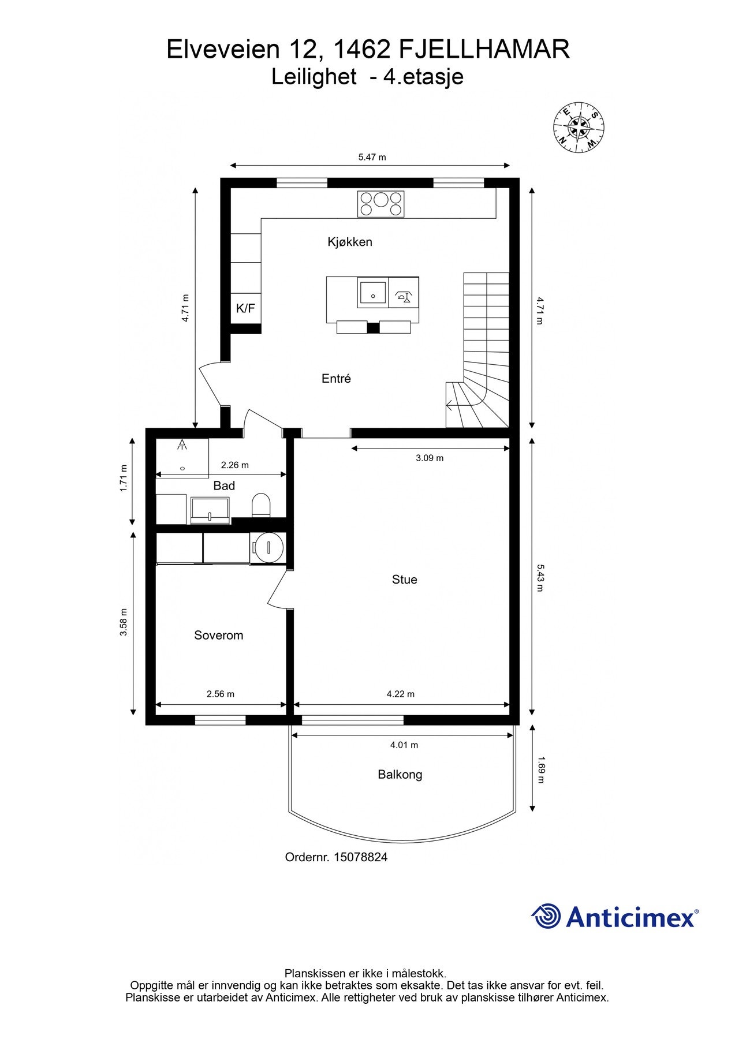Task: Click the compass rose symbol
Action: click(579, 128)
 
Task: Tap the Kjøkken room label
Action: click(350, 242)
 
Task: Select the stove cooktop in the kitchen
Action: click(380, 204)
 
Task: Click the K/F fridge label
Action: click(245, 308)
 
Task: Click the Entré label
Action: click(336, 379)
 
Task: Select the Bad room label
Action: click(224, 485)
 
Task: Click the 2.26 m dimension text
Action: click(235, 465)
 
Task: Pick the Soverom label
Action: click(219, 636)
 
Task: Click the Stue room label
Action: click(404, 580)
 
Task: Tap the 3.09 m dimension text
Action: click(430, 458)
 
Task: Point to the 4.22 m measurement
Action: click(401, 694)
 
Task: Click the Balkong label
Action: click(400, 775)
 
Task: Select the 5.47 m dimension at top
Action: click(372, 157)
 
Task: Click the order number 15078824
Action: click(357, 857)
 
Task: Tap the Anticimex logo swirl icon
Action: click(546, 916)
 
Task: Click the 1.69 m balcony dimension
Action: click(540, 770)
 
